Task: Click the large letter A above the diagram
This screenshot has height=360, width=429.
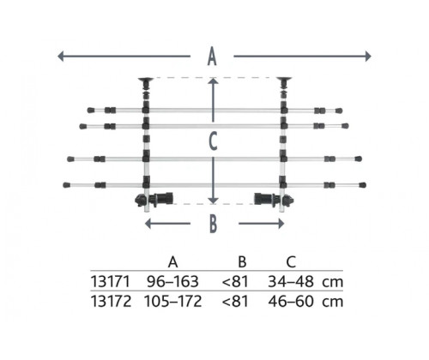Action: [x=212, y=57]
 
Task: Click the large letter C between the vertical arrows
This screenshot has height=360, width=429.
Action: [x=213, y=141]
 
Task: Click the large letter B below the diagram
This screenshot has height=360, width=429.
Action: [x=214, y=224]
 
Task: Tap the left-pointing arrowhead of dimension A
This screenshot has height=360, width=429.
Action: [x=60, y=56]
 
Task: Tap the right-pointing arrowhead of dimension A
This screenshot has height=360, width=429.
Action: [x=368, y=56]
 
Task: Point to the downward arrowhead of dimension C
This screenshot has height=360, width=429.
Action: [x=213, y=201]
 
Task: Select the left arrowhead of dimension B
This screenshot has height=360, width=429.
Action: [x=148, y=224]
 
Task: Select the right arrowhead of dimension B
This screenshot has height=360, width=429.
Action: [x=281, y=224]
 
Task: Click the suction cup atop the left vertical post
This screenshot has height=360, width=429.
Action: [x=146, y=80]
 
